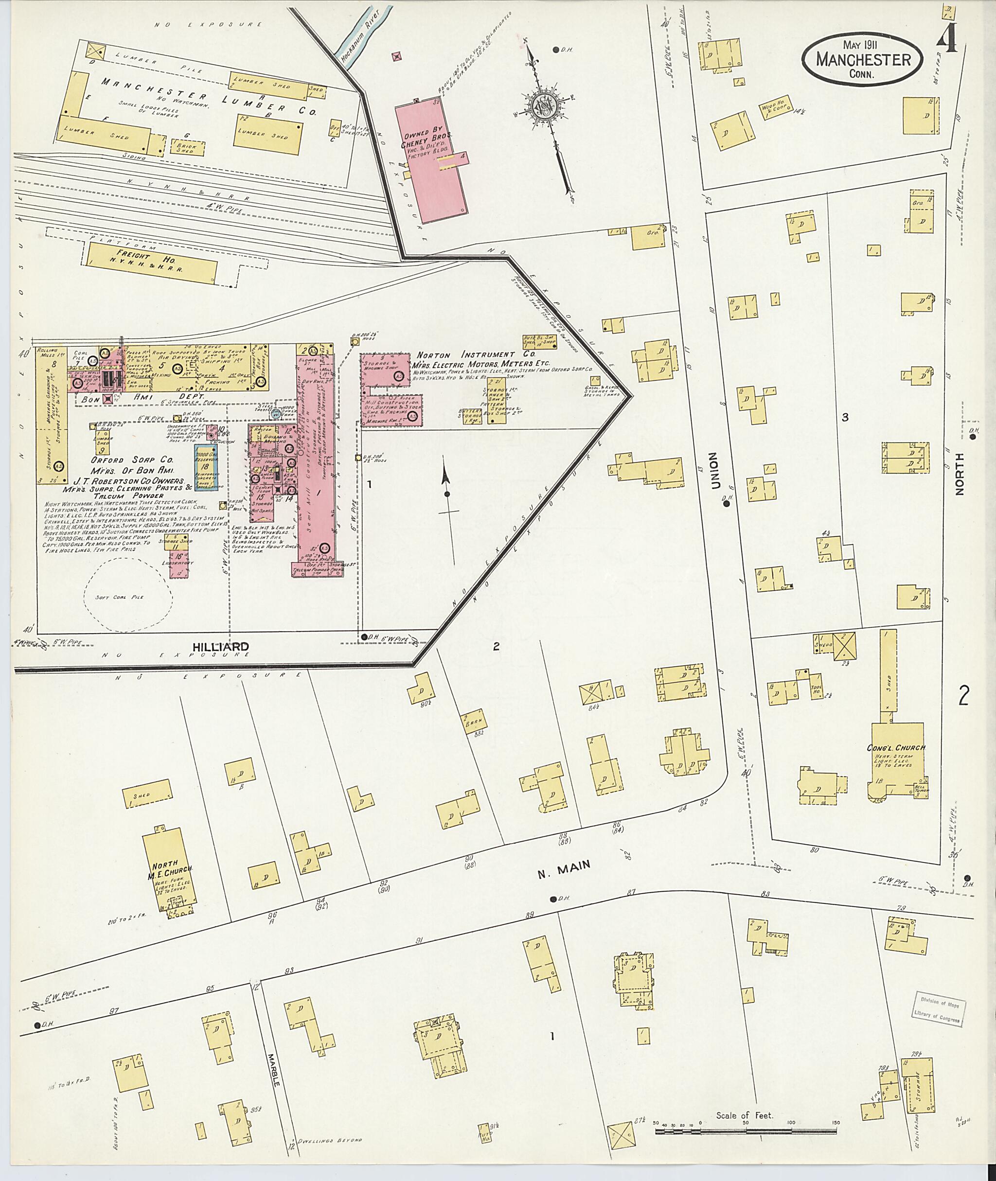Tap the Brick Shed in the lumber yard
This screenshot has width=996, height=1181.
pos(183,148)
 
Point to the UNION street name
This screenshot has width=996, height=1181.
pos(716,470)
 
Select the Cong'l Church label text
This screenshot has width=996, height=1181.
pos(896,747)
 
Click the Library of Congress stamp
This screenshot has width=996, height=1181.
pos(939,1011)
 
